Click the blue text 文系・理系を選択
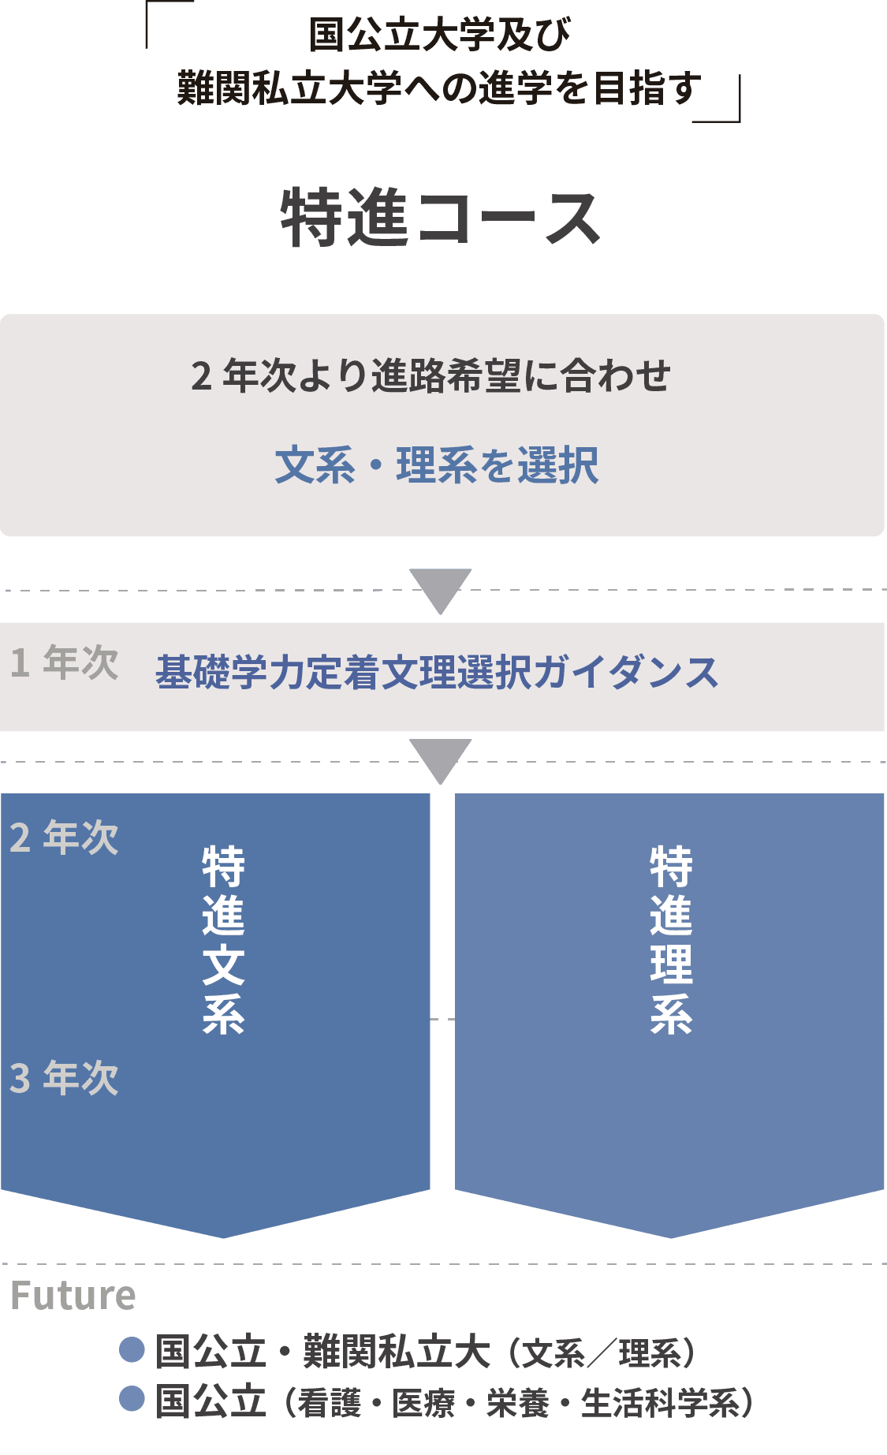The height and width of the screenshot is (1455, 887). click(437, 464)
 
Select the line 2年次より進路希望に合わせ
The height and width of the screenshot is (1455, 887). click(431, 375)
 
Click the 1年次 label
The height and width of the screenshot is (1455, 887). click(65, 662)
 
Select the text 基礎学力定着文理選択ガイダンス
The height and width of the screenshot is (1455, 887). click(437, 673)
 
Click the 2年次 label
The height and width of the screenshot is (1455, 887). click(65, 838)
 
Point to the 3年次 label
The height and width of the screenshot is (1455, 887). click(65, 1078)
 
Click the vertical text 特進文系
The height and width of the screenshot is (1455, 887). click(223, 939)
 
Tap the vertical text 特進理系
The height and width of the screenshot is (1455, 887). click(671, 939)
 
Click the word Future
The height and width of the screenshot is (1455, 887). click(73, 1296)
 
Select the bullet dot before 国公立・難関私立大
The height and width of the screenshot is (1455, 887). click(132, 1349)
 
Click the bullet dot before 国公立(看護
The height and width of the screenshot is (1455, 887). click(132, 1398)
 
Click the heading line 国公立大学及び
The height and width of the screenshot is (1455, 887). click(440, 35)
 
